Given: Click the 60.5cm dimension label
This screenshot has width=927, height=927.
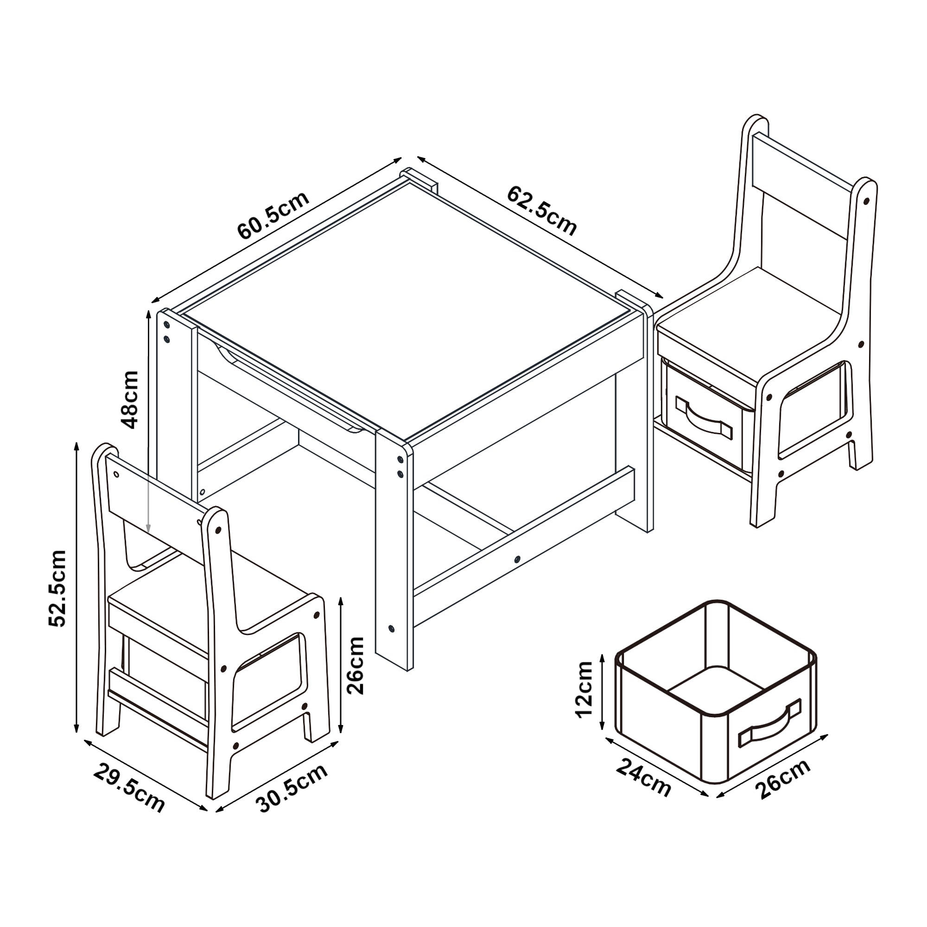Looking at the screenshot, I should [273, 216].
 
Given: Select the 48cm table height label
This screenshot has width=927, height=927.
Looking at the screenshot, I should [130, 399].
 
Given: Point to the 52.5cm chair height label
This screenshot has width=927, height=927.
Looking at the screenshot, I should [57, 588].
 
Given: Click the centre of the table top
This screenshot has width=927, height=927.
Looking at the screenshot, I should [408, 307].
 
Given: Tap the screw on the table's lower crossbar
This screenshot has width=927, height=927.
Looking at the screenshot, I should [517, 559].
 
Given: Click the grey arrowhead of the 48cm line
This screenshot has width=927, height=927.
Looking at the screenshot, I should [148, 527].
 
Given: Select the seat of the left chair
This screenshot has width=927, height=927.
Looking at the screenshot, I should [211, 595].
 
